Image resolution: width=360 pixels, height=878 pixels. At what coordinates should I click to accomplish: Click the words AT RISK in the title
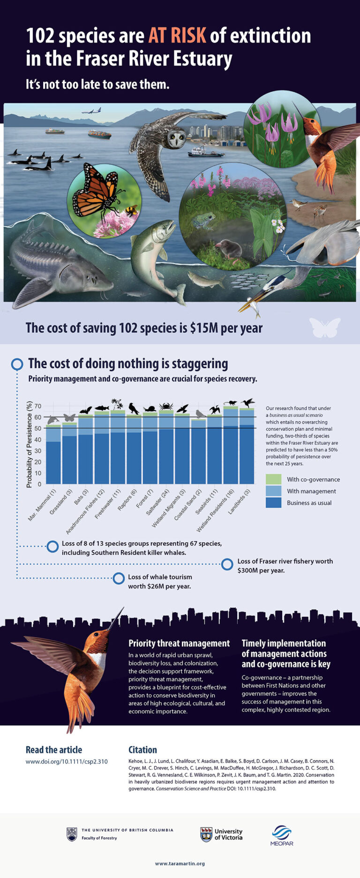point(178,36)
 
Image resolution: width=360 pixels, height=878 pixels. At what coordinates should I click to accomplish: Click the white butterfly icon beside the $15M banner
point(325,327)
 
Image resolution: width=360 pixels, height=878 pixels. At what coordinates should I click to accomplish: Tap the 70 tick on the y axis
point(37,406)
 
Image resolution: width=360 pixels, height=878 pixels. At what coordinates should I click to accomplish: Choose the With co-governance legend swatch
point(273,479)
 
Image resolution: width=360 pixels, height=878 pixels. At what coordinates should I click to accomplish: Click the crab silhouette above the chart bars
point(166,406)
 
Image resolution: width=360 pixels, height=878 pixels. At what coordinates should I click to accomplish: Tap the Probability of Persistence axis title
point(29,445)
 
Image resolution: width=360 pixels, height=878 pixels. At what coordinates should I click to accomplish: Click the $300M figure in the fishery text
point(247,570)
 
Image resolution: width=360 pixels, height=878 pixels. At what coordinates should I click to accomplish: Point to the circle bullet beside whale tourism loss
point(119,578)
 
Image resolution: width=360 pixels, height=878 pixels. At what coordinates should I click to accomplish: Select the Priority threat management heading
point(179,643)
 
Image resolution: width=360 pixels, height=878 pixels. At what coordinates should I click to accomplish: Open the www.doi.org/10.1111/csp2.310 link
point(67,761)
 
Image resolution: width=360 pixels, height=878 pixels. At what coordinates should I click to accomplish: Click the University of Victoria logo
point(221,834)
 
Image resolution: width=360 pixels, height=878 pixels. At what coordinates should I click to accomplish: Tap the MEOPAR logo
point(282,835)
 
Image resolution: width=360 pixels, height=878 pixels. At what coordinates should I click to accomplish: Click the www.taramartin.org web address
point(180,863)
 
